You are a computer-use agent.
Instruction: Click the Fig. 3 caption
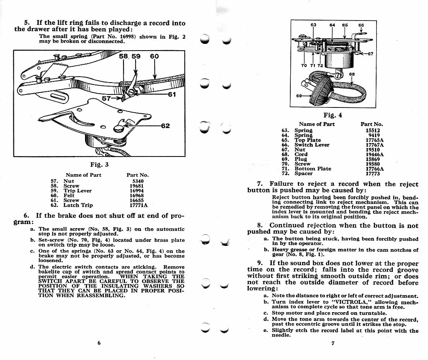click(x=99, y=164)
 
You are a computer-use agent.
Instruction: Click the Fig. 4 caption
click(x=333, y=115)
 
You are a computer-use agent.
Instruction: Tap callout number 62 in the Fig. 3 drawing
click(x=165, y=126)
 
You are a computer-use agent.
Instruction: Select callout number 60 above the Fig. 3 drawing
click(x=154, y=57)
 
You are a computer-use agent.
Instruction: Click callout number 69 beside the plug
click(x=299, y=96)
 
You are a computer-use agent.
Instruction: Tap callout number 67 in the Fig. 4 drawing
click(x=371, y=54)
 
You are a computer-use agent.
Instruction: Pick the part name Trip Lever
click(x=78, y=190)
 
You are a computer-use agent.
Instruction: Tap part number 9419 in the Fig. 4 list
click(x=374, y=135)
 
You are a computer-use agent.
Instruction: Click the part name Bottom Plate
click(x=312, y=169)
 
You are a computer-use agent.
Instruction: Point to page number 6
click(x=99, y=343)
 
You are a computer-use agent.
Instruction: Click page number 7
click(x=333, y=343)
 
